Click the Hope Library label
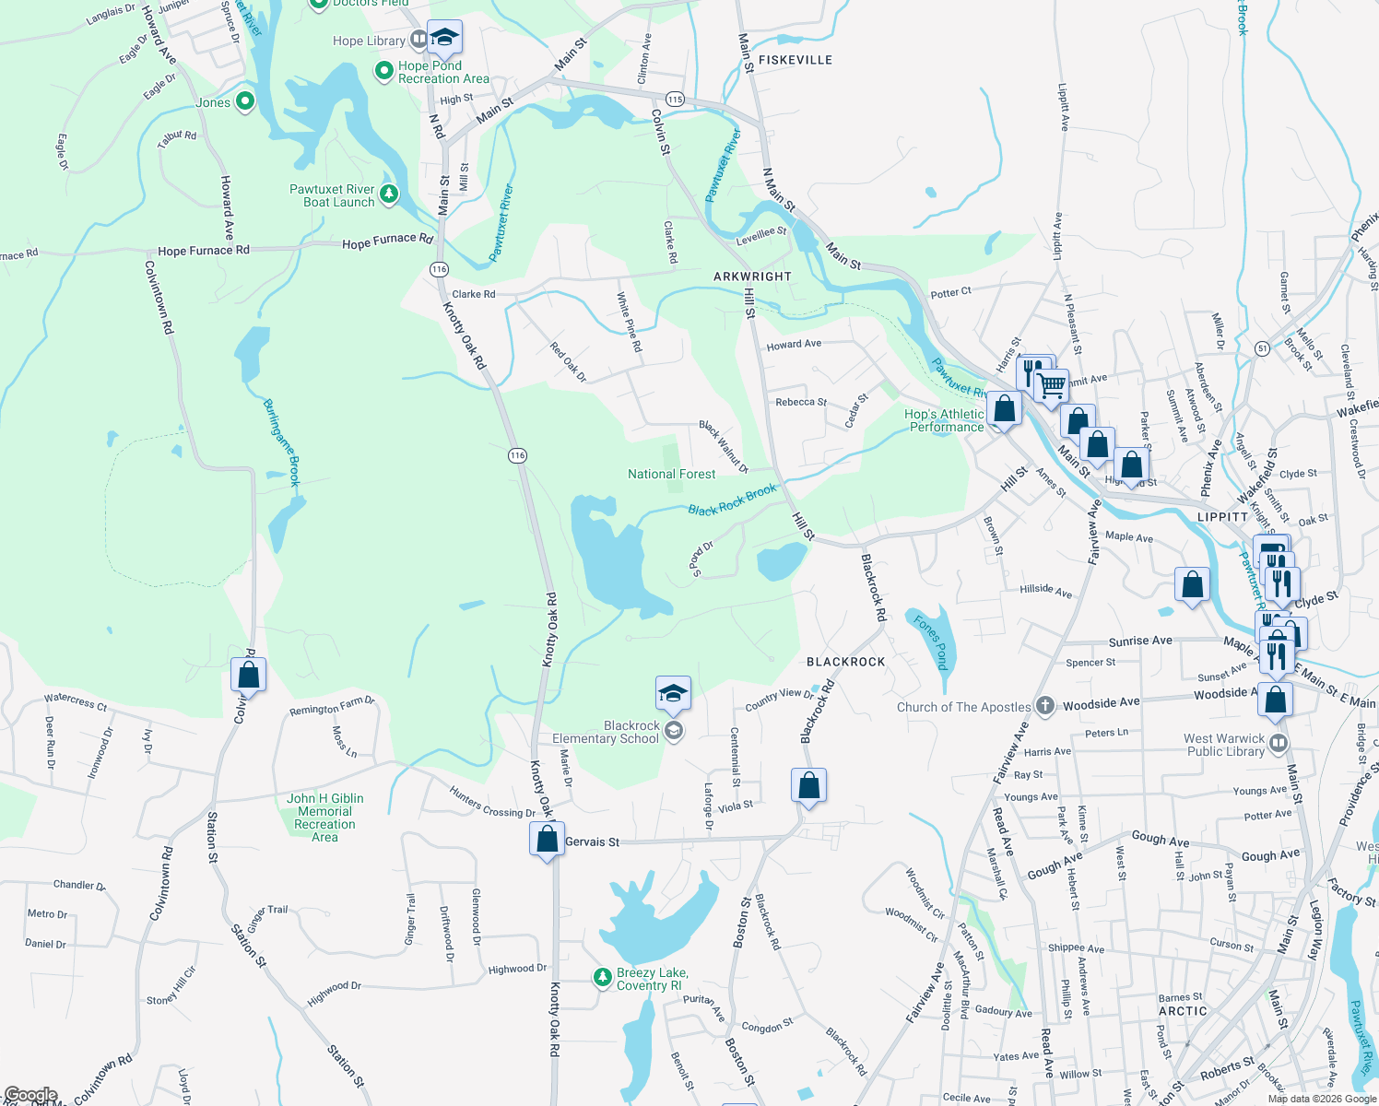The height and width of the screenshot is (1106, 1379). coord(369,41)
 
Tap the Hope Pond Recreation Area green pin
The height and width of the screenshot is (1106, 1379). coord(384,70)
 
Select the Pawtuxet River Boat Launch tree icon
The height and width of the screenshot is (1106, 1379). coord(389,194)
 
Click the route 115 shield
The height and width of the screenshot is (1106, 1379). coord(675,99)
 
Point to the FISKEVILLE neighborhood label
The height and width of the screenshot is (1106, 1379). coord(795,60)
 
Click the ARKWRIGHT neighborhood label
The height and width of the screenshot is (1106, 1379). coord(752,276)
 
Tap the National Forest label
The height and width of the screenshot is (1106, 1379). coord(671,474)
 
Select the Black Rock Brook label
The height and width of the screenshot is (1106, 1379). coord(732,500)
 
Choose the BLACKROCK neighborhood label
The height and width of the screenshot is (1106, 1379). coord(845,662)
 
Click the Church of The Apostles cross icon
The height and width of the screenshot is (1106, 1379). coord(1044,706)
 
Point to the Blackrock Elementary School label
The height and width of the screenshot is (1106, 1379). coord(606,732)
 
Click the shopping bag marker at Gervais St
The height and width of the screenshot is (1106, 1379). coord(547,840)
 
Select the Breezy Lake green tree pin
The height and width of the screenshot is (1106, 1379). coord(602,977)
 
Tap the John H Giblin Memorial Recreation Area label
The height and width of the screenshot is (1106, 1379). coord(324,818)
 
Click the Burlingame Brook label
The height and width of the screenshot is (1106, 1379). coord(282,442)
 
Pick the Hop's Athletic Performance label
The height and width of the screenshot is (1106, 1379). coord(944,420)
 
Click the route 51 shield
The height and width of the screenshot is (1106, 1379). coord(1262,347)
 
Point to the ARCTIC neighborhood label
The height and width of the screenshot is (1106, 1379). coord(1183,1011)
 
